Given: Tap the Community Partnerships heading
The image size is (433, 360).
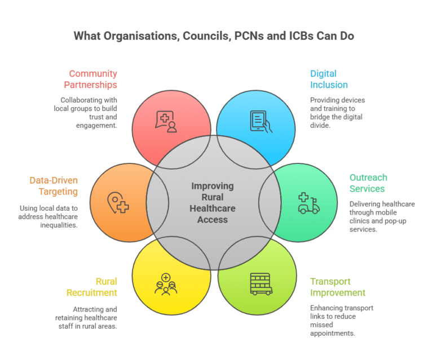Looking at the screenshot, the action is click(91, 79).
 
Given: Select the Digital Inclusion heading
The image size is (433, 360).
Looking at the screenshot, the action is click(329, 79).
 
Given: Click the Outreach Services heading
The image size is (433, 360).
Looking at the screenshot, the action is click(368, 183).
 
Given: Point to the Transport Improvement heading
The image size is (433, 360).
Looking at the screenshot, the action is click(338, 287).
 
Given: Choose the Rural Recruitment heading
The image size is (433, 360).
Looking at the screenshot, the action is click(92, 287).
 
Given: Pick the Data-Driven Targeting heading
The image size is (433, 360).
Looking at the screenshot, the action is click(54, 186).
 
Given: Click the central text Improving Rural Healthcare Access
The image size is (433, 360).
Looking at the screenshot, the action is click(213, 203).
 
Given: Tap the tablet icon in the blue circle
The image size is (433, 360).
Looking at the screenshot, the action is click(261, 122).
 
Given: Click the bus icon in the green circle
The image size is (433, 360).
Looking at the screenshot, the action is click(261, 284).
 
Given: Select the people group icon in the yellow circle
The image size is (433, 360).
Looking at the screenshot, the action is click(166, 285).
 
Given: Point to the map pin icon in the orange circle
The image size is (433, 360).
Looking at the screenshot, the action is click(118, 203).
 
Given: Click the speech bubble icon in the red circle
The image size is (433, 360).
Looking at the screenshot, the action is click(166, 122).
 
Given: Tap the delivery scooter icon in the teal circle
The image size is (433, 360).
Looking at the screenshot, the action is click(309, 203).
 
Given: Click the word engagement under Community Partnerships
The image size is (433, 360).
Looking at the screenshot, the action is click(96, 126).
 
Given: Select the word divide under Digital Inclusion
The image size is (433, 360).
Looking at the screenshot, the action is click(320, 126).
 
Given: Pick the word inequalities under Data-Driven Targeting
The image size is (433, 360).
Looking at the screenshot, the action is click(59, 225).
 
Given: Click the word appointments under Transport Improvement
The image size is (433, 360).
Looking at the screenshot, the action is click(333, 334).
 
